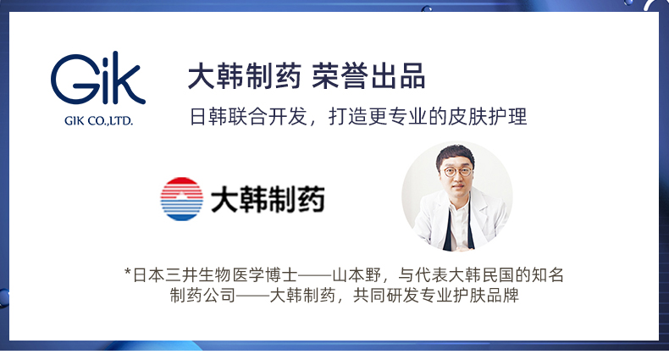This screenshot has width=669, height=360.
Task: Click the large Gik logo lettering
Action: tap(98, 78)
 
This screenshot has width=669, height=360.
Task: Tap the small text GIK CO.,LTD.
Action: tap(98, 121)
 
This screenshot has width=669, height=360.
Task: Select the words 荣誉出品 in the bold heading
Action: tap(368, 76)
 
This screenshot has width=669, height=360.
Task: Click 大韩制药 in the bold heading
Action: tap(245, 76)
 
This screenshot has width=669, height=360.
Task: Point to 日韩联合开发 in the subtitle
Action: tap(248, 116)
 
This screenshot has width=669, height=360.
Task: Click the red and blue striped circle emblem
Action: tap(182, 199)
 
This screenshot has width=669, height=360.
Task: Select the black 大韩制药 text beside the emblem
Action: tap(268, 199)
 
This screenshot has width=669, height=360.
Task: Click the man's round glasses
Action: tap(458, 172)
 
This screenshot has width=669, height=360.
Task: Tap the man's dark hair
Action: tap(455, 154)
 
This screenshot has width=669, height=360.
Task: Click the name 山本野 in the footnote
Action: tap(357, 275)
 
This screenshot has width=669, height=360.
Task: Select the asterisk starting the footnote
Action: tap(127, 272)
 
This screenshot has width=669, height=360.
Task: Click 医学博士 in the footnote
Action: tap(264, 275)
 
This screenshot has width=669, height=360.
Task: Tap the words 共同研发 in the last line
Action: tap(385, 295)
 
